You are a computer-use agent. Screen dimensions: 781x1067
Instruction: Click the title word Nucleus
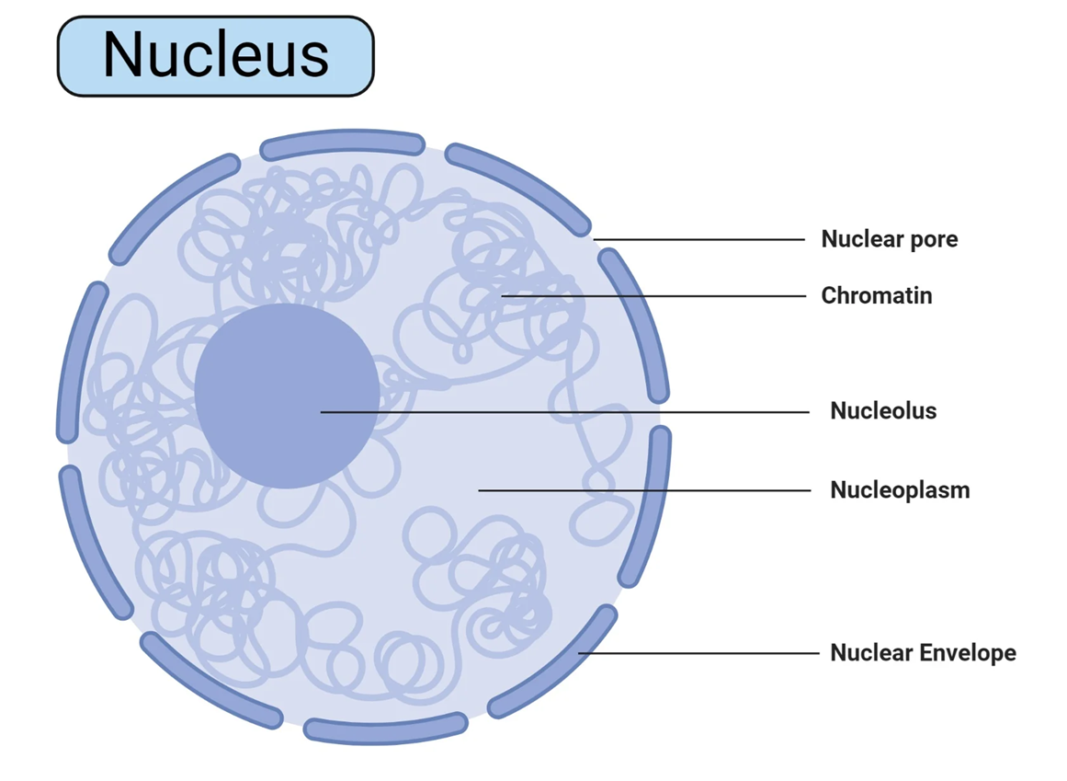coord(215,54)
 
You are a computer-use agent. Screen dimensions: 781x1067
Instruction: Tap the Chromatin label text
coord(876,295)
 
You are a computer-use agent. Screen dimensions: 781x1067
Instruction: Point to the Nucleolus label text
coord(883,410)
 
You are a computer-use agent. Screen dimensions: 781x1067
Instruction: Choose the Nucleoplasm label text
coord(900,489)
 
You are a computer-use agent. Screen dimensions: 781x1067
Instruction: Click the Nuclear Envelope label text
coord(923,653)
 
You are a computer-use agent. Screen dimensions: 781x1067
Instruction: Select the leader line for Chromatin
coord(662,296)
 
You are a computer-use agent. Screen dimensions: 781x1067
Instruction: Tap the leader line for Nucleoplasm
coord(643,490)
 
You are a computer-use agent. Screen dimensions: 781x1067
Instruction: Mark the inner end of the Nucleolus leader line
coord(322,411)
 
